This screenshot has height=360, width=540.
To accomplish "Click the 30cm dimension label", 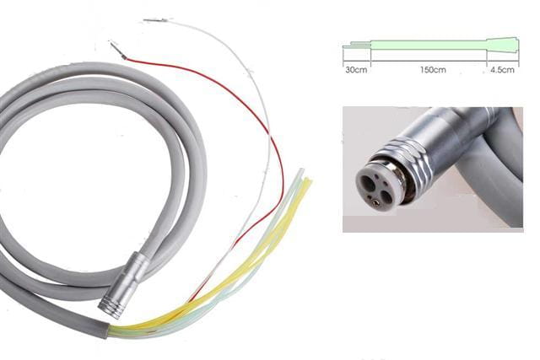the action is pos(356,70).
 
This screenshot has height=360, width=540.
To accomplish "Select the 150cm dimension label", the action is pos(433,70).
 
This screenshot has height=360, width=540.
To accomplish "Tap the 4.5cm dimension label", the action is pos(503,70).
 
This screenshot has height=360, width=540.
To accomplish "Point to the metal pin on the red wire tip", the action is pos(117,49).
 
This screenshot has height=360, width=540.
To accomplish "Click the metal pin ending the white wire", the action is pos(155,20).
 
